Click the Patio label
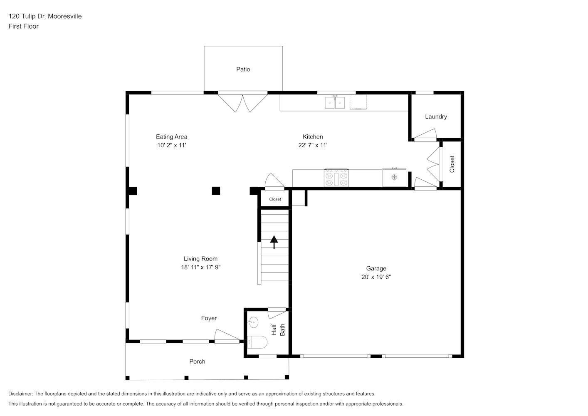pyautogui.click(x=243, y=69)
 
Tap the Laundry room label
pyautogui.click(x=436, y=116)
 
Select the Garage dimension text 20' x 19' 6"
pyautogui.click(x=376, y=277)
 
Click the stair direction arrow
pyautogui.click(x=274, y=242)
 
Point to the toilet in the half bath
pyautogui.click(x=257, y=342)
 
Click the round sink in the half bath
pyautogui.click(x=253, y=322)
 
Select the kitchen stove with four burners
pyautogui.click(x=336, y=178)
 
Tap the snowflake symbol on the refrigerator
pyautogui.click(x=394, y=177)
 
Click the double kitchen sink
pyautogui.click(x=335, y=102)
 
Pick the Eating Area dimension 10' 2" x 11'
pyautogui.click(x=172, y=145)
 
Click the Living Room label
pyautogui.click(x=200, y=259)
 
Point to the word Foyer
pyautogui.click(x=209, y=318)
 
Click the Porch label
pyautogui.click(x=197, y=362)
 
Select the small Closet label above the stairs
pyautogui.click(x=275, y=199)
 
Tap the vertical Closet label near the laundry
pyautogui.click(x=452, y=164)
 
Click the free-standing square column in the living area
pyautogui.click(x=216, y=191)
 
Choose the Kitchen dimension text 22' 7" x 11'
pyautogui.click(x=313, y=145)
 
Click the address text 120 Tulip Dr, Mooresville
pyautogui.click(x=45, y=16)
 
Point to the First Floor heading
pyautogui.click(x=23, y=26)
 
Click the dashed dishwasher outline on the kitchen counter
pyautogui.click(x=358, y=102)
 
